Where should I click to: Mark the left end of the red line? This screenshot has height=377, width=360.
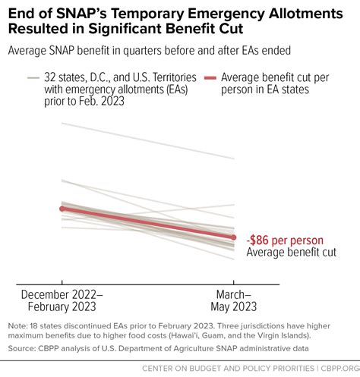tap(61, 208)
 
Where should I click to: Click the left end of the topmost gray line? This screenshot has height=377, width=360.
tap(61, 124)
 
